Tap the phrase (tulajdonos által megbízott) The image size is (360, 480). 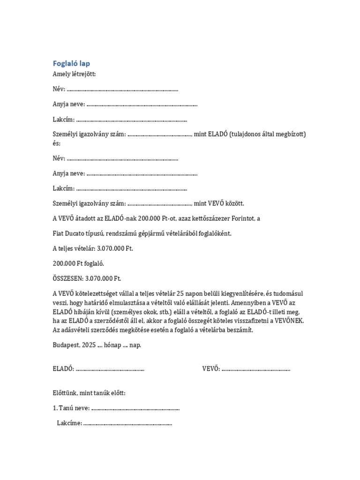(268, 135)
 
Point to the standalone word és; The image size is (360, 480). (57, 143)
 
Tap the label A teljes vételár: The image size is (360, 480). (76, 248)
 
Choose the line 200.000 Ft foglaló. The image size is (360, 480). (78, 263)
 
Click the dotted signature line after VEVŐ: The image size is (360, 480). (256, 369)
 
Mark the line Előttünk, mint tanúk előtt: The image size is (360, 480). (89, 393)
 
